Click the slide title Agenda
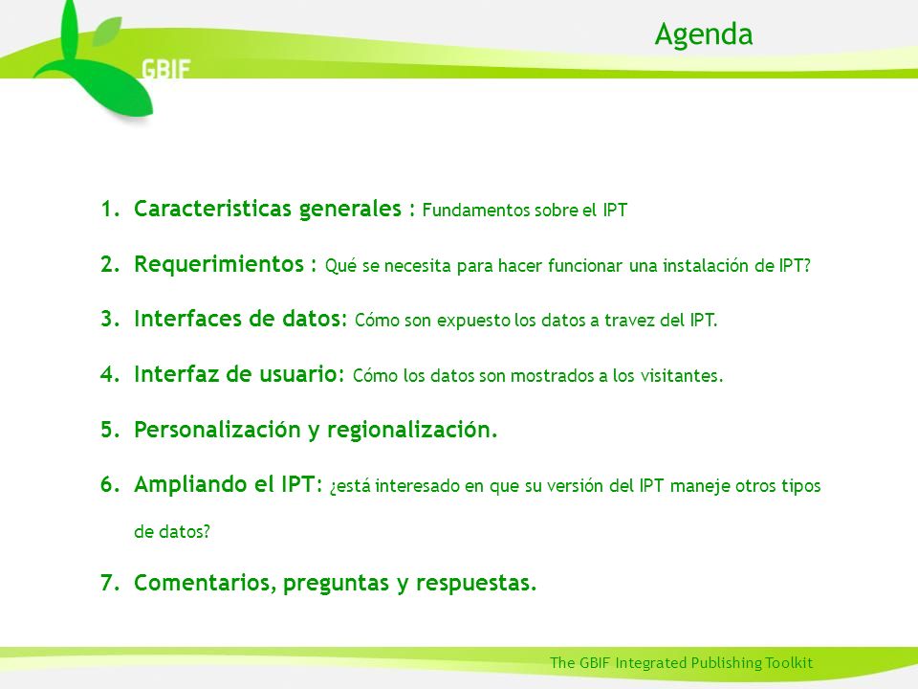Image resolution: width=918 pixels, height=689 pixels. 703,35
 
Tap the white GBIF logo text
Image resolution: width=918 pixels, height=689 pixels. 165,70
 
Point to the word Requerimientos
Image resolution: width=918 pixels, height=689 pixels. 219,264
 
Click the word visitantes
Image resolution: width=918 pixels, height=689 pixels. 682,375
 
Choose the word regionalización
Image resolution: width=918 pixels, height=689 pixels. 412,430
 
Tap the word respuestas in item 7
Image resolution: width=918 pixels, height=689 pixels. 476,584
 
